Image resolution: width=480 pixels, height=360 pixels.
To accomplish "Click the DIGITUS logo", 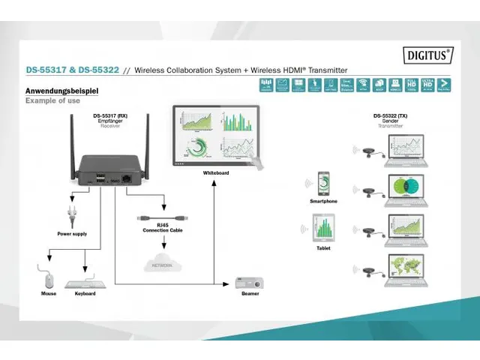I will (x=428, y=54).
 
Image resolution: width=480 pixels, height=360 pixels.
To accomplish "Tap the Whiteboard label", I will (x=216, y=172).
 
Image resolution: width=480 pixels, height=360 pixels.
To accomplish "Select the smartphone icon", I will (x=323, y=183).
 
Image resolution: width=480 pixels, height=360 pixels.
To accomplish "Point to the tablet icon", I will (x=323, y=228).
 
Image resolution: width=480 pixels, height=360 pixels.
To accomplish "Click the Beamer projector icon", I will (x=248, y=283).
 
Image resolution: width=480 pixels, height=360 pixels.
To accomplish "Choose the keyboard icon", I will (x=85, y=283).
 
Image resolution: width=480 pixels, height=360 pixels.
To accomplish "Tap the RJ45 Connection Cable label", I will (x=163, y=226).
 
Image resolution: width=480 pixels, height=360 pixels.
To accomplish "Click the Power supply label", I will (x=72, y=234).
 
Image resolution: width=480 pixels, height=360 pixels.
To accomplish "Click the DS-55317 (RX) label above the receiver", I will (x=110, y=116).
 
